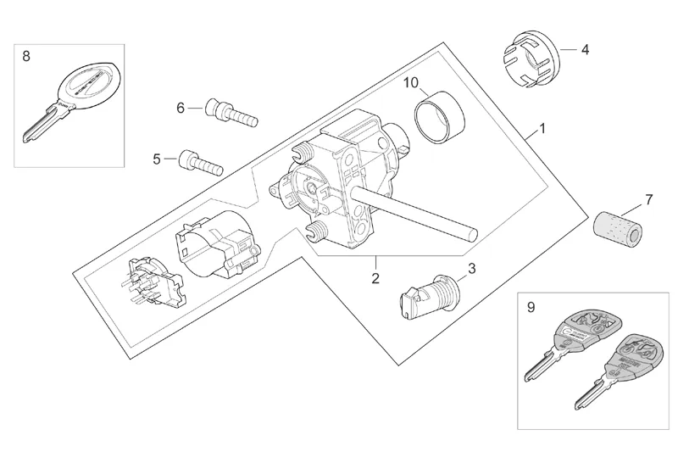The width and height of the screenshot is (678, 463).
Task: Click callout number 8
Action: click(26, 56)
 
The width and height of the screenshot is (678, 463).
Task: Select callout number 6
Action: click(181, 108)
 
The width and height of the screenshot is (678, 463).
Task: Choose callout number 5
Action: click(157, 159)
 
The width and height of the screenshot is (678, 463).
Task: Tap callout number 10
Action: click(410, 83)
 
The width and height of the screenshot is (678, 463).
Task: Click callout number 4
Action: click(585, 49)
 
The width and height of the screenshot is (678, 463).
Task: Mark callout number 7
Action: click(649, 200)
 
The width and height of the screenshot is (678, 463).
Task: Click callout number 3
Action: click(471, 269)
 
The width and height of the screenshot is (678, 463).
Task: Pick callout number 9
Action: click(531, 308)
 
